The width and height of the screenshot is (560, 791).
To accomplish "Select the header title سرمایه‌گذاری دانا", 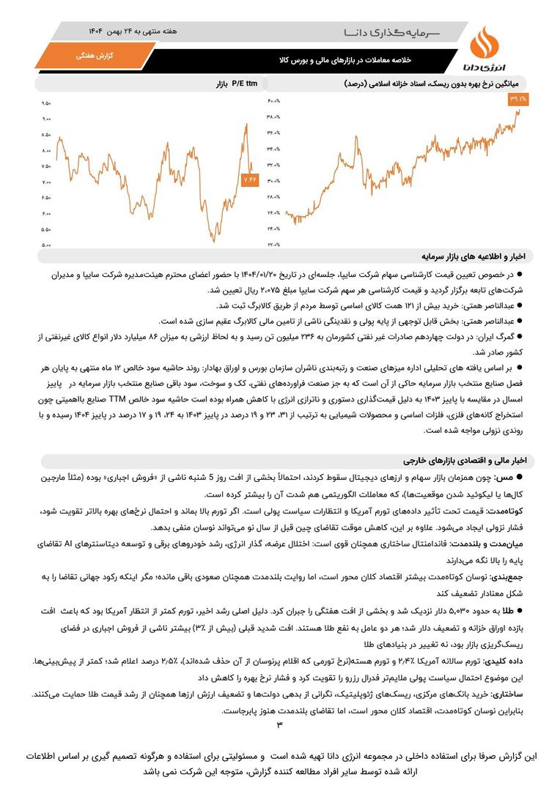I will click(396, 32).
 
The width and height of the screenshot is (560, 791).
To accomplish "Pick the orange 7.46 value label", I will click(250, 179).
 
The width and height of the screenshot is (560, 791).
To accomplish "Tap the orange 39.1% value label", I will click(517, 98).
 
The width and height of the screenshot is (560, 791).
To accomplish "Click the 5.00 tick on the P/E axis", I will click(47, 245).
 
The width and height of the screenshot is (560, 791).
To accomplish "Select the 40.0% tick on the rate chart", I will click(273, 100).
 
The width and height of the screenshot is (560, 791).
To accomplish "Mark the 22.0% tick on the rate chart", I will click(273, 245).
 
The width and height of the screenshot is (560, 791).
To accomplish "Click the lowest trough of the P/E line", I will click(212, 240).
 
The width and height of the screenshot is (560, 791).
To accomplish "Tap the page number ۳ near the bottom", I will click(279, 725).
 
